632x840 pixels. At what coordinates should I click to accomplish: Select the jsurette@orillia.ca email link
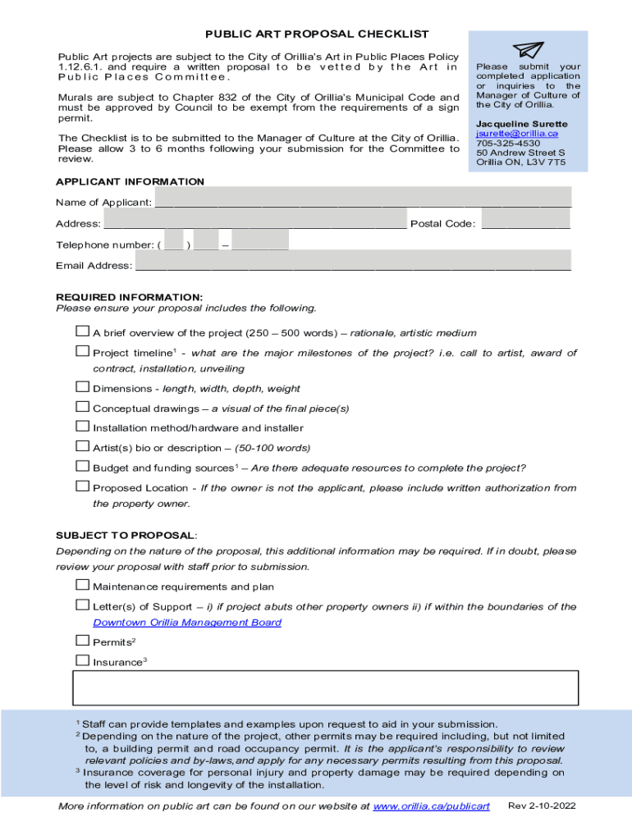click(x=516, y=133)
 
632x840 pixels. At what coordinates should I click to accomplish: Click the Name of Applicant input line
click(x=362, y=201)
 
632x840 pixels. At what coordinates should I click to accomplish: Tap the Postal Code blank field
click(x=524, y=222)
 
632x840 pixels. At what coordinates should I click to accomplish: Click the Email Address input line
click(x=352, y=264)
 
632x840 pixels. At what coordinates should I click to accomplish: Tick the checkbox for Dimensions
click(x=82, y=387)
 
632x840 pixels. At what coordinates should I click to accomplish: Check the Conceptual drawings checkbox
click(x=82, y=407)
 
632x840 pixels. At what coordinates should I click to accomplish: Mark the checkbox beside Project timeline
click(x=82, y=352)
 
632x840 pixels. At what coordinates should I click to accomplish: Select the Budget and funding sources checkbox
click(x=82, y=467)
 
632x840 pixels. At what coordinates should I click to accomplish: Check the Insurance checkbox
click(x=82, y=660)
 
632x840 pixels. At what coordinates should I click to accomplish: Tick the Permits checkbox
click(x=82, y=641)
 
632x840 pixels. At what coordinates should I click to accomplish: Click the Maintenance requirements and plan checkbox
click(x=82, y=586)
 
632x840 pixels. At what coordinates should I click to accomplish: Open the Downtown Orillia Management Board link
click(x=186, y=623)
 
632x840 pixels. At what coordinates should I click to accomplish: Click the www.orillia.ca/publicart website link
click(x=431, y=806)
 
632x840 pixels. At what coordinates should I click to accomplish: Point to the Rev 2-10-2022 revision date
click(x=543, y=806)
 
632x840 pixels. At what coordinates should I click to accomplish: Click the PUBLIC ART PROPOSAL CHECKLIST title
click(x=317, y=34)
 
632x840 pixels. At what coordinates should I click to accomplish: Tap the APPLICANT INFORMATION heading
click(x=130, y=181)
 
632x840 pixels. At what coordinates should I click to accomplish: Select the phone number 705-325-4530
click(x=508, y=143)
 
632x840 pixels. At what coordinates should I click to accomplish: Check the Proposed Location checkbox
click(x=82, y=486)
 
